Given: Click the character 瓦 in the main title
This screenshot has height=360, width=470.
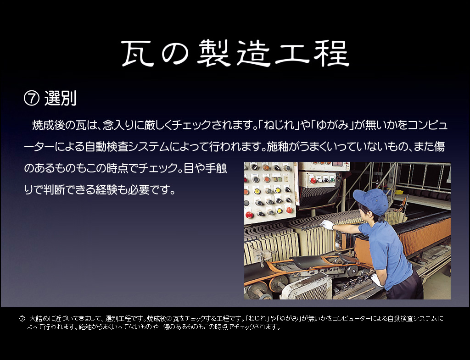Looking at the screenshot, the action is [138, 54].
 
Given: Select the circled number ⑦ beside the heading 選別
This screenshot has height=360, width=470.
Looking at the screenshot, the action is [32, 99].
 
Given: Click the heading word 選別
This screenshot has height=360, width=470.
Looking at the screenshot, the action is [60, 98].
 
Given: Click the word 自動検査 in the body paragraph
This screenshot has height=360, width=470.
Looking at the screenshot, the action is [106, 147].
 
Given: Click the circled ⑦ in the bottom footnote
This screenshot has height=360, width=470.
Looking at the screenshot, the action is [22, 319].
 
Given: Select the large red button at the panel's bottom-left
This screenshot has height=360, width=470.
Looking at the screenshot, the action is [249, 215].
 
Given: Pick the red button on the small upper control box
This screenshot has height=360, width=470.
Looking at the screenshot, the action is [313, 181].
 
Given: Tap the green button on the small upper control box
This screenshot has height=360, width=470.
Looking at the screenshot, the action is [332, 180].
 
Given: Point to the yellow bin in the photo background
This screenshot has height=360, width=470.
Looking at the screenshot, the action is [398, 192].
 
